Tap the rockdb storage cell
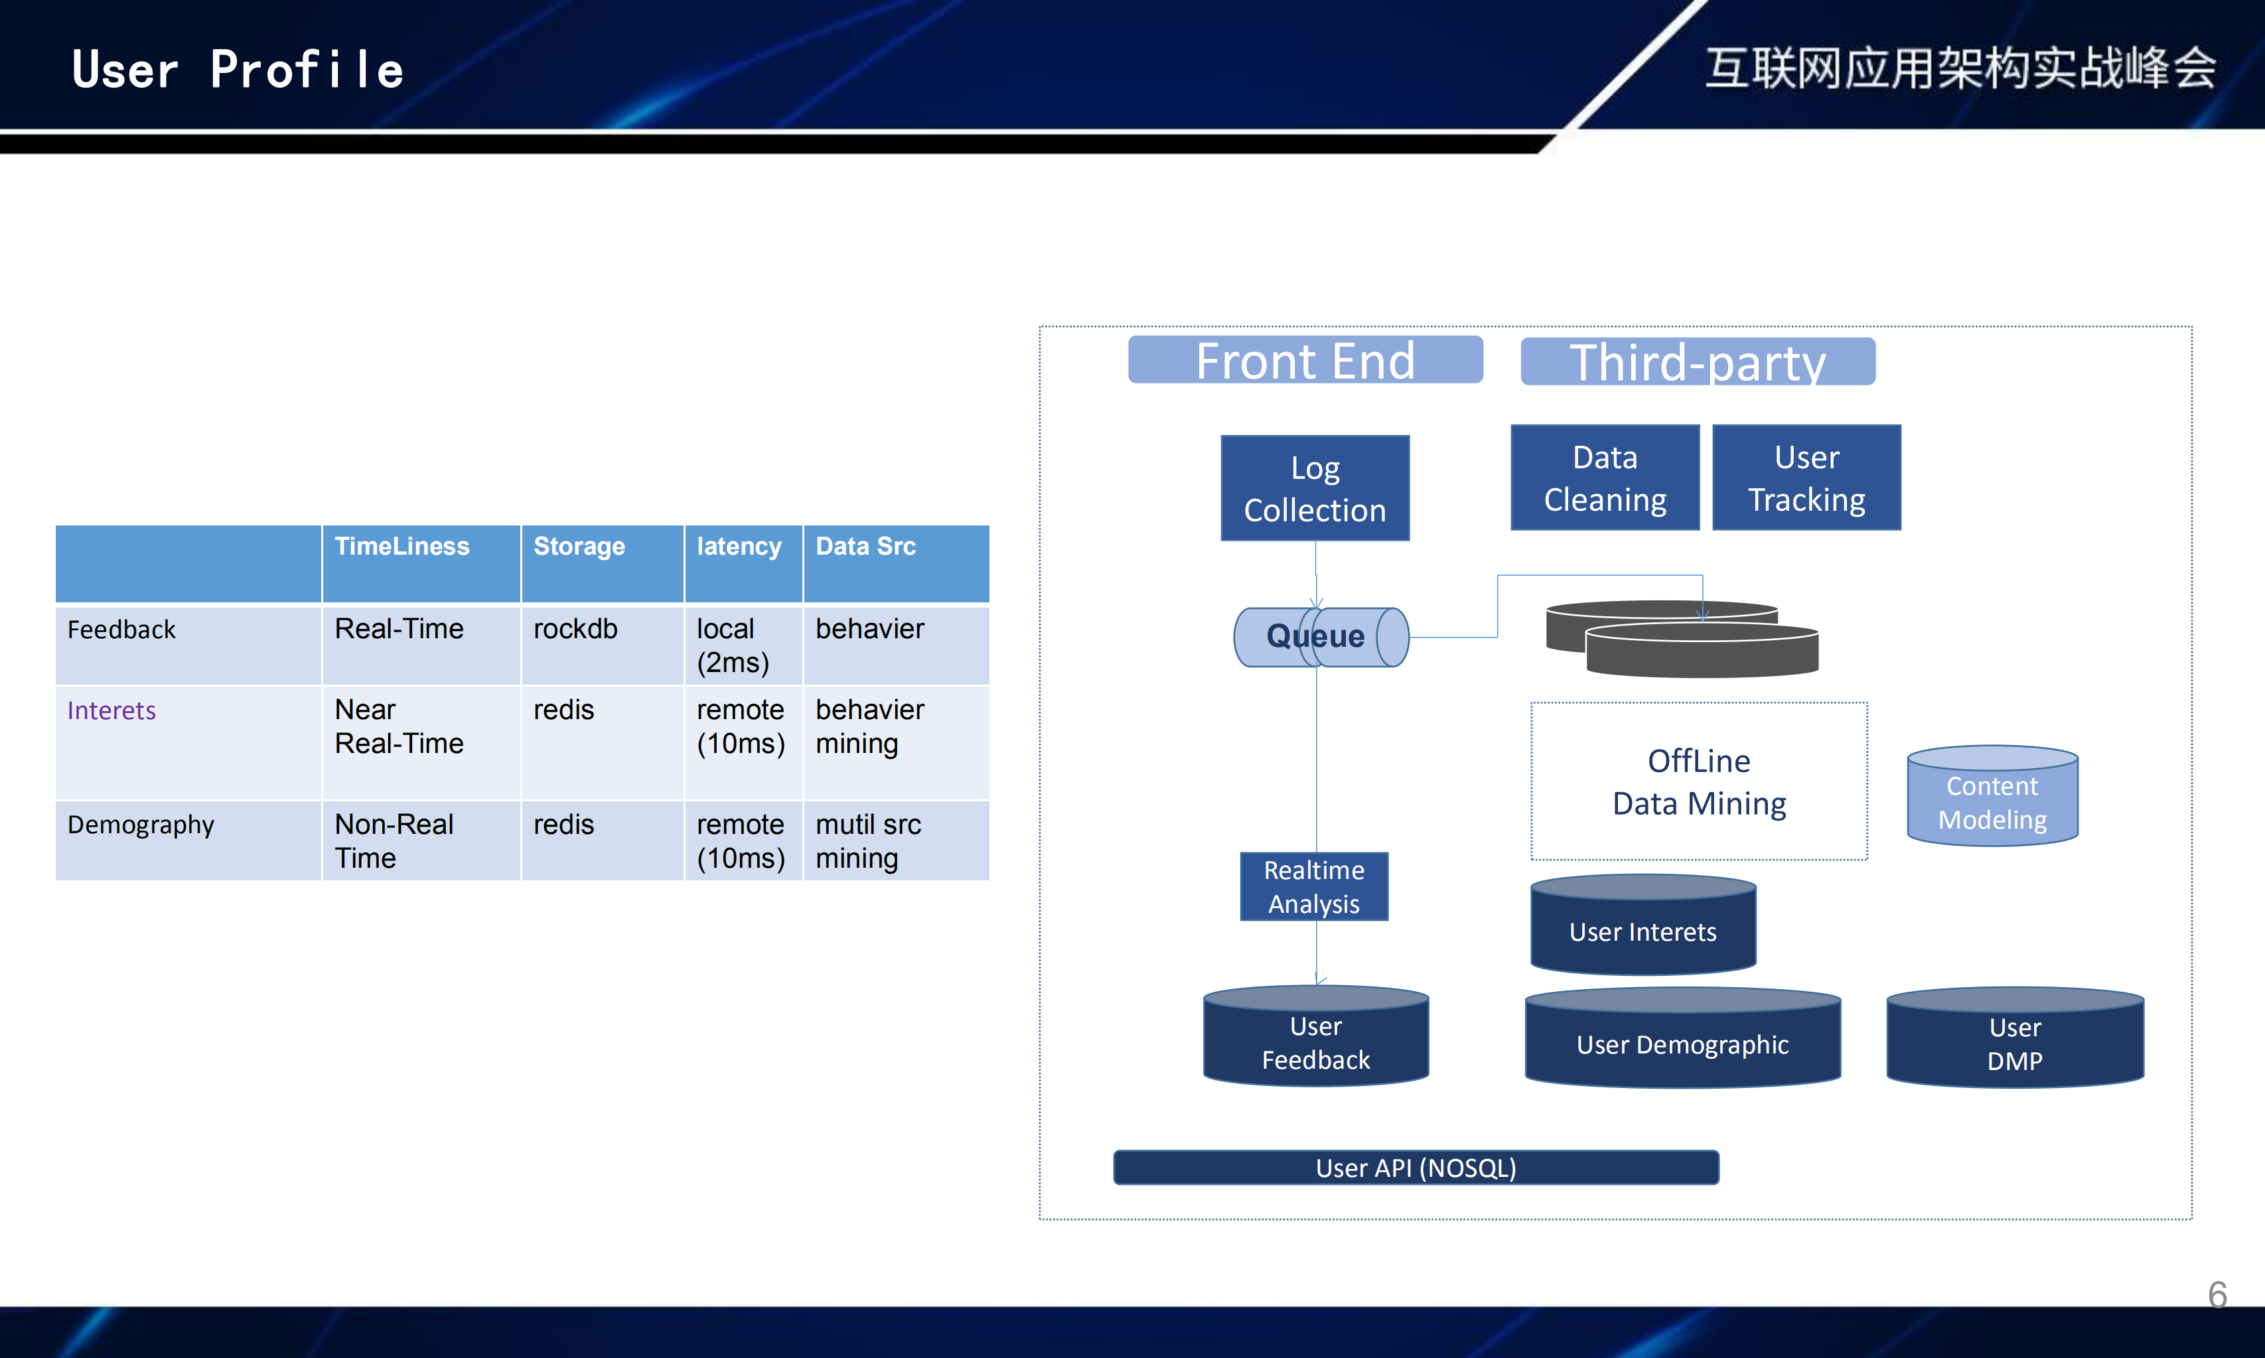coord(575,630)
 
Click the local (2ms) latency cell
coord(733,645)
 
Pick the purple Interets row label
coord(111,711)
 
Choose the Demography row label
coord(141,825)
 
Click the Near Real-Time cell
coord(399,726)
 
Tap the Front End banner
coord(1305,360)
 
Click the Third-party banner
coord(1698,362)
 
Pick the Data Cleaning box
coord(1605,478)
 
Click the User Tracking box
coord(1806,478)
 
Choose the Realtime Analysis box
coord(1314,887)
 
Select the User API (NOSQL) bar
coord(1416,1168)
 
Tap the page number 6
coord(2217,1294)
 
